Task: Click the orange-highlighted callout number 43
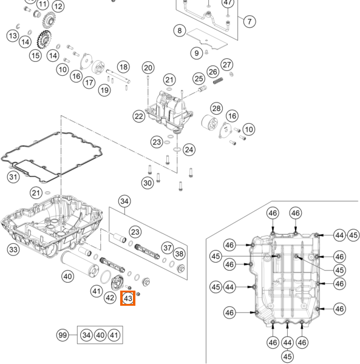[x=127, y=298]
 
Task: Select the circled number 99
[x=63, y=335]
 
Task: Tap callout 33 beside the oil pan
[x=13, y=249]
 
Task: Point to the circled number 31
[x=13, y=177]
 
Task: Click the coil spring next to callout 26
[x=218, y=81]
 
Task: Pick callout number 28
[x=217, y=108]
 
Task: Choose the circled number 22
[x=139, y=116]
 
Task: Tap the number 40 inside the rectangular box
[x=100, y=335]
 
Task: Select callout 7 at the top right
[x=250, y=21]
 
